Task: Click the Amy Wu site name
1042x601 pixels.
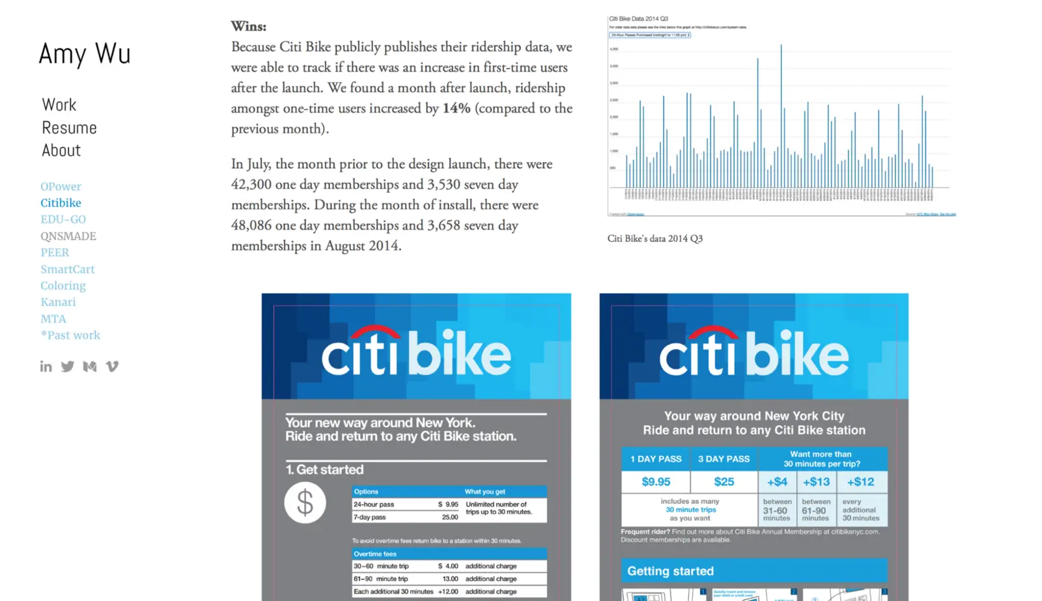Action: coord(85,54)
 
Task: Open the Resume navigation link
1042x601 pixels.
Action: coord(69,128)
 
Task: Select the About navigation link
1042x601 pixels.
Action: coord(61,150)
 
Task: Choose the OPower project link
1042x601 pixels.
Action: coord(61,186)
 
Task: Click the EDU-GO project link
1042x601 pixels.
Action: coord(63,219)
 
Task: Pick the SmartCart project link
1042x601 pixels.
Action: coord(68,269)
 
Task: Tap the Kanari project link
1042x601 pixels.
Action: coord(58,302)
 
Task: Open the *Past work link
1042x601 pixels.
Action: coord(70,335)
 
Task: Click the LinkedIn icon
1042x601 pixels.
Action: coord(46,367)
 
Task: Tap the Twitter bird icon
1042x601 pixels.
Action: coord(68,367)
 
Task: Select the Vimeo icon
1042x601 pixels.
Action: coord(112,367)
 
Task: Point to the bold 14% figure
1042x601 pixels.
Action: coord(456,108)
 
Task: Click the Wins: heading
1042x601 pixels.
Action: coord(249,27)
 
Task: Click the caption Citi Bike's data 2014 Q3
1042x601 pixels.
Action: coord(655,239)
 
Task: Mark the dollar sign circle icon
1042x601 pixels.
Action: coord(305,503)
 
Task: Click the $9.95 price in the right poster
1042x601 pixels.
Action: coord(656,482)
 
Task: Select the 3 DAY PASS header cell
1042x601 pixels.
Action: coord(724,459)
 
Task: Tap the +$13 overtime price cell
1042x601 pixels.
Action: coord(816,482)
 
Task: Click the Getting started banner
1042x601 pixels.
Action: coord(753,571)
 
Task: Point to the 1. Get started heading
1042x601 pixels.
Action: coord(324,469)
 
